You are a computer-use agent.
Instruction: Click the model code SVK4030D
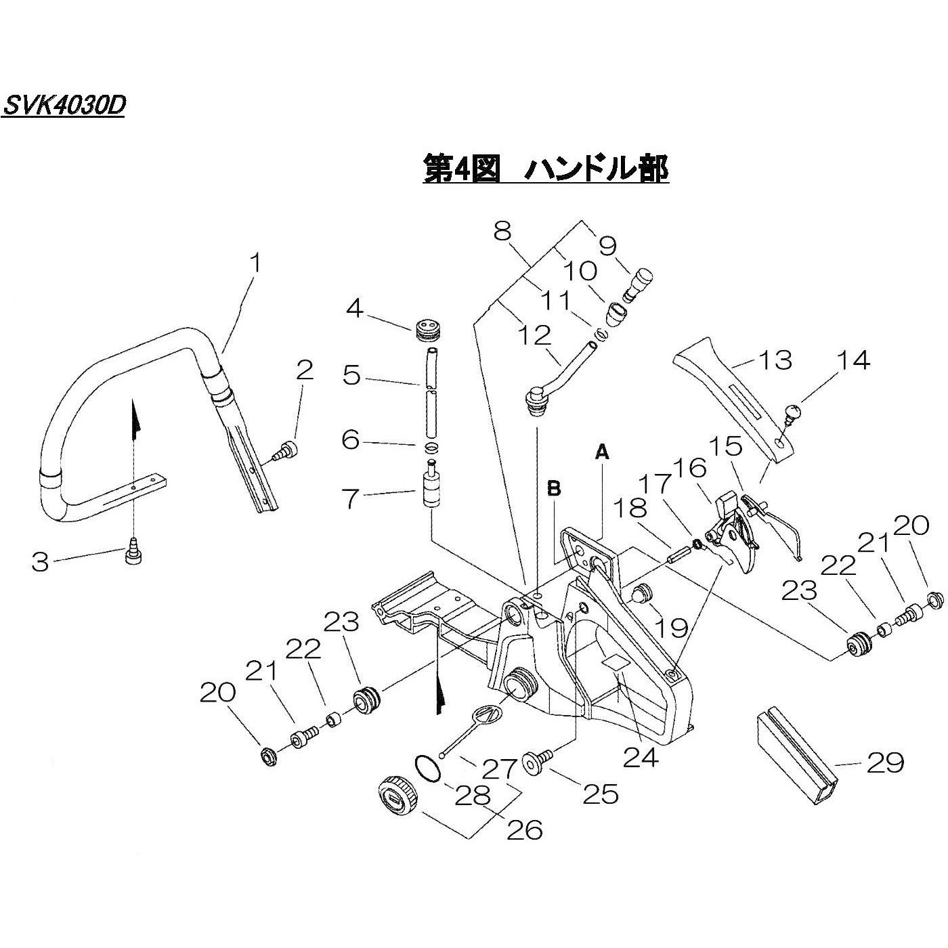pyautogui.click(x=64, y=105)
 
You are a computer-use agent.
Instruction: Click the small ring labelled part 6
pyautogui.click(x=431, y=447)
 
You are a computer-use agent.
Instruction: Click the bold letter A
pyautogui.click(x=602, y=450)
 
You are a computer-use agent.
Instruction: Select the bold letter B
pyautogui.click(x=554, y=488)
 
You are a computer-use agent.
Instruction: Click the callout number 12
pyautogui.click(x=534, y=337)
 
